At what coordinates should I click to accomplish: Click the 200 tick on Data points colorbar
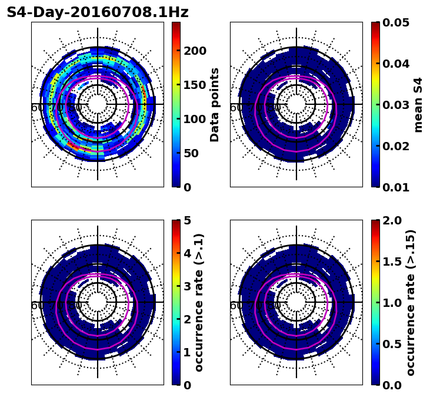tap(195, 51)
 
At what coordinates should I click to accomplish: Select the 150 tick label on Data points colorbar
tap(195, 85)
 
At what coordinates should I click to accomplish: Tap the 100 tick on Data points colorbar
tap(195, 119)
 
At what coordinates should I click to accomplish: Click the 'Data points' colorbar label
tap(215, 104)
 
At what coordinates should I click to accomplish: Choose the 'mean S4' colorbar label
tap(419, 104)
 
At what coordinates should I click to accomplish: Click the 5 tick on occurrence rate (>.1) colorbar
tap(188, 220)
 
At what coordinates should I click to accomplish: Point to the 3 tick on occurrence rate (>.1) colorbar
tap(188, 286)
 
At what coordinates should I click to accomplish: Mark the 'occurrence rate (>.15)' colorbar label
tap(411, 302)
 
